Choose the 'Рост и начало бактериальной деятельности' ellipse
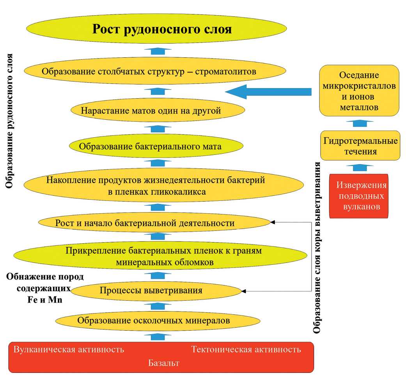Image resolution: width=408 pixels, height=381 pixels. (x=154, y=223)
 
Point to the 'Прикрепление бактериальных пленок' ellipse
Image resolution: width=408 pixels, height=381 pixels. (x=160, y=256)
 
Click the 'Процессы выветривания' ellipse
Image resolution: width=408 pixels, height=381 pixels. (x=156, y=290)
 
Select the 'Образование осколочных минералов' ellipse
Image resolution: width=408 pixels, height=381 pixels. (x=158, y=321)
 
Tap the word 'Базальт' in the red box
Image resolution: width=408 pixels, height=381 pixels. (x=163, y=363)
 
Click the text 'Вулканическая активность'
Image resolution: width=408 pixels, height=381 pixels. (x=69, y=349)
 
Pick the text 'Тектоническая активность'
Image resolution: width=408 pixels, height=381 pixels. (x=246, y=349)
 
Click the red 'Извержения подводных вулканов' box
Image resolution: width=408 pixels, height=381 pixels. (x=359, y=196)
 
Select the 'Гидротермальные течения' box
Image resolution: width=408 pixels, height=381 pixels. (x=360, y=146)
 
